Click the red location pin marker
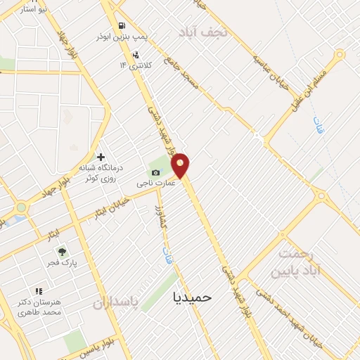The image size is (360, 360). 181,165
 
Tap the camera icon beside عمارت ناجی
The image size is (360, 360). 156,173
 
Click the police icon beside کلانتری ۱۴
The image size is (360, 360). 135,54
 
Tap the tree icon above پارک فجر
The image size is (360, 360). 62,251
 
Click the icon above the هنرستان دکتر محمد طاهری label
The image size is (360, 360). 39,290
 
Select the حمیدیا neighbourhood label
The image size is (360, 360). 192,297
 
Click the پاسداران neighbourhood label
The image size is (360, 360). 115,302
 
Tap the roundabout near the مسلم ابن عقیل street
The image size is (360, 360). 340,55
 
